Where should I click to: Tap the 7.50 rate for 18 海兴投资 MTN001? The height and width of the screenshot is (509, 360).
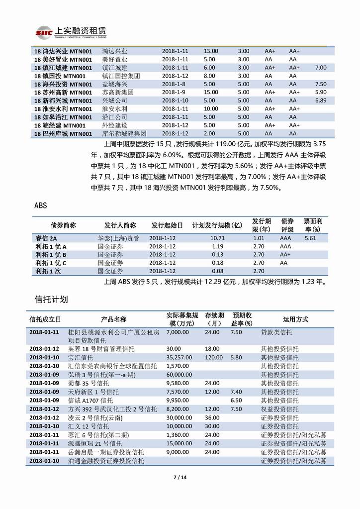(x=321, y=84)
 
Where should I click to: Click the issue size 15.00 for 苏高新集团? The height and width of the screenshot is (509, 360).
(x=211, y=93)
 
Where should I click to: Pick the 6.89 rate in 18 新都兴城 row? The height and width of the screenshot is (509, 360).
(x=321, y=101)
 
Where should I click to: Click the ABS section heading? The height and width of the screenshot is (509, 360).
(x=41, y=205)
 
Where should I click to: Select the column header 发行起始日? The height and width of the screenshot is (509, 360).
(x=167, y=225)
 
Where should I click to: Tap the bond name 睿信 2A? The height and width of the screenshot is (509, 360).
(x=46, y=238)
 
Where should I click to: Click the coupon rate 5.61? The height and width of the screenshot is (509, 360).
(x=310, y=238)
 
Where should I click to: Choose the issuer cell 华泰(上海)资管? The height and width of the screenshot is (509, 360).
(x=118, y=238)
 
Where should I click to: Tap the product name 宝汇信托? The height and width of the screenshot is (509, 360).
(x=80, y=357)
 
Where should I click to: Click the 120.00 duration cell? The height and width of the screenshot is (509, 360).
(x=212, y=357)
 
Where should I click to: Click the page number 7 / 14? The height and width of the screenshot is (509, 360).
(x=180, y=478)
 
